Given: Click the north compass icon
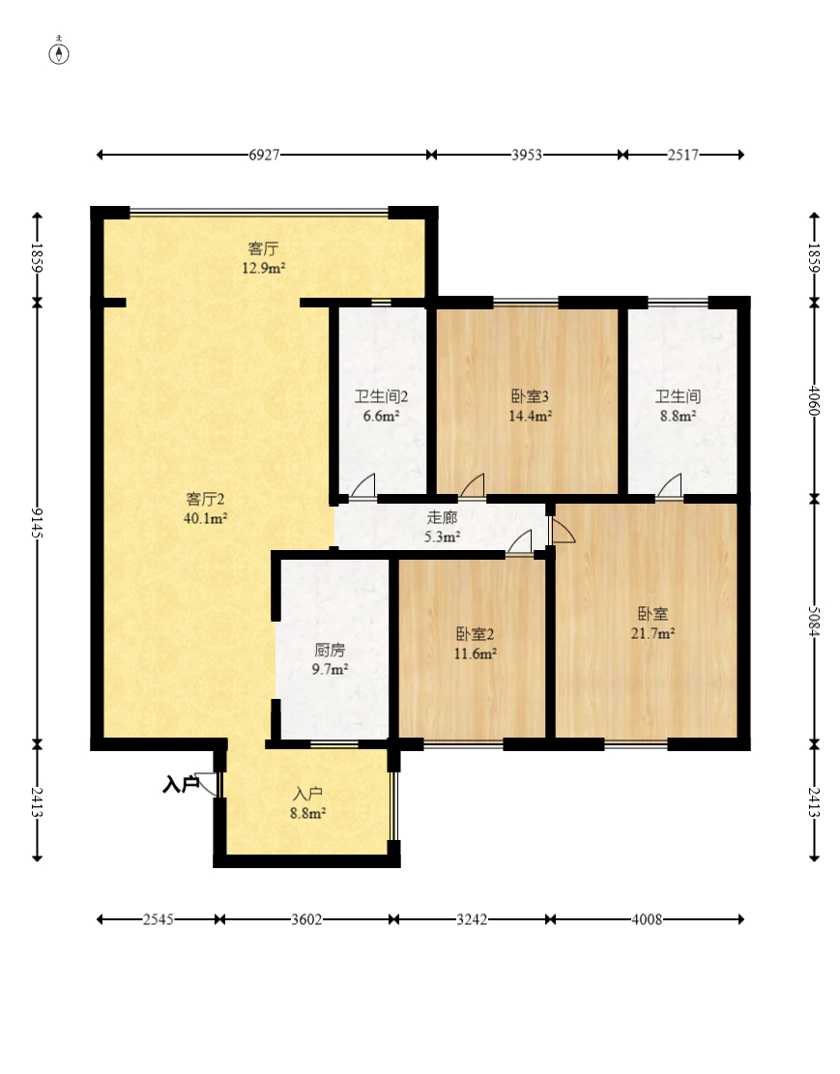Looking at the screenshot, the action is (x=59, y=52).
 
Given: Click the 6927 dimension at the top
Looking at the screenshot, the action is (x=264, y=155).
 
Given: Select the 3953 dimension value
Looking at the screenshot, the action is (x=526, y=155).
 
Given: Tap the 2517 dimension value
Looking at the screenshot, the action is (x=683, y=155).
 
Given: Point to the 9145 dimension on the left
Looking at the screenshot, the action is (x=37, y=523).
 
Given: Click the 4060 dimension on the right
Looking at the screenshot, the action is (x=814, y=400).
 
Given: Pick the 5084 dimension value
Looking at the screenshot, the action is (x=814, y=621).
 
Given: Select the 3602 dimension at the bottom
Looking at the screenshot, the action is (x=306, y=919).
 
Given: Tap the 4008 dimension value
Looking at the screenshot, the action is (x=647, y=919).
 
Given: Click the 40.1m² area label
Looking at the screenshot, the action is (x=206, y=518).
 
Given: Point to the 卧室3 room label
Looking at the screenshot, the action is (x=530, y=396).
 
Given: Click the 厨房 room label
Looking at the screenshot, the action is (x=330, y=650).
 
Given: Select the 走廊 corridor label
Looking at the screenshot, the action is (x=442, y=517).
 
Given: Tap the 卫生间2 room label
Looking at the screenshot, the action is (x=381, y=396).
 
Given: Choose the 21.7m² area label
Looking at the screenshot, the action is (x=652, y=633).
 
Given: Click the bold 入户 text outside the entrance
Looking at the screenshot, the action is (x=180, y=784).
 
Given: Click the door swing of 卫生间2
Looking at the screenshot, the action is (x=363, y=485).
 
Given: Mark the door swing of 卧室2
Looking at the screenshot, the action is (x=520, y=541).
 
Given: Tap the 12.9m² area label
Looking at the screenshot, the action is (x=263, y=268).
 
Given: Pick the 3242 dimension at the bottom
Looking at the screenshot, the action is (x=472, y=919).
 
